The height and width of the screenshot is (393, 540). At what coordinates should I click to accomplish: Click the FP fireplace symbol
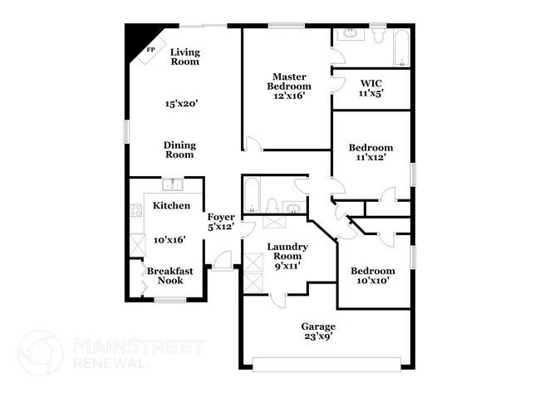[x=150, y=50]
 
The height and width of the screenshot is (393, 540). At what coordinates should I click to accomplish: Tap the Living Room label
[x=184, y=56]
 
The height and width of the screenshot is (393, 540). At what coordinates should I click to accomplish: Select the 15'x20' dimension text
[x=180, y=104]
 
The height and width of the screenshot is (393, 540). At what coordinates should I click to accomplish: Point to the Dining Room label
[x=179, y=149]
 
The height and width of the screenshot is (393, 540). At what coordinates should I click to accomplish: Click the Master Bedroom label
[x=289, y=81]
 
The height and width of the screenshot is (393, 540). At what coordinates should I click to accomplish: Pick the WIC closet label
[x=371, y=83]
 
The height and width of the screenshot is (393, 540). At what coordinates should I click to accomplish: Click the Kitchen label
[x=172, y=205]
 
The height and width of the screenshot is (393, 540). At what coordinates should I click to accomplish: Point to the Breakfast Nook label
[x=170, y=276]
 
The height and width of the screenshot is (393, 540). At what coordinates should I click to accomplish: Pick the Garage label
[x=318, y=327]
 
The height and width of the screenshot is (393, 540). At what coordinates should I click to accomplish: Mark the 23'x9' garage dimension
[x=318, y=338]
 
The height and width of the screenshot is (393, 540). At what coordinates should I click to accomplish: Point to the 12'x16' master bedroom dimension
[x=289, y=96]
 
